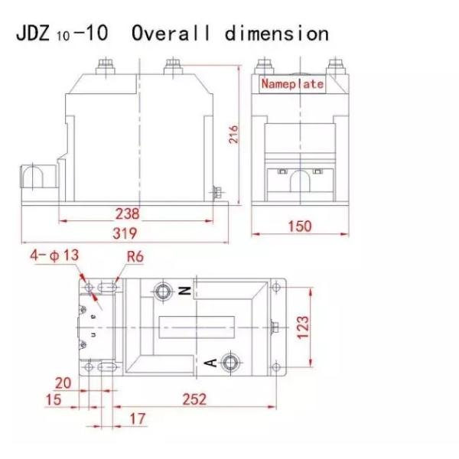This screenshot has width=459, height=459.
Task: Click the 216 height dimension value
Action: (233, 135)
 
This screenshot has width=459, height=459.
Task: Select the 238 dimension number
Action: (127, 213)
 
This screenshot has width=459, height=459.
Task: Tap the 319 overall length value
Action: (125, 233)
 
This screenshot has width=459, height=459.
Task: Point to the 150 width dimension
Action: (300, 226)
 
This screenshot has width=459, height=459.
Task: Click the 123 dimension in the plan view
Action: (303, 327)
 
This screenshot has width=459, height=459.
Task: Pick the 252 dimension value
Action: (194, 399)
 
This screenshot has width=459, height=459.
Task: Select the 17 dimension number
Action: (138, 418)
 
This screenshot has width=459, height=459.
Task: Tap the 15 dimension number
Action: (54, 399)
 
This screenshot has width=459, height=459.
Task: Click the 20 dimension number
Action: (63, 383)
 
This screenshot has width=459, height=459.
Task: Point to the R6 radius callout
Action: (135, 256)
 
